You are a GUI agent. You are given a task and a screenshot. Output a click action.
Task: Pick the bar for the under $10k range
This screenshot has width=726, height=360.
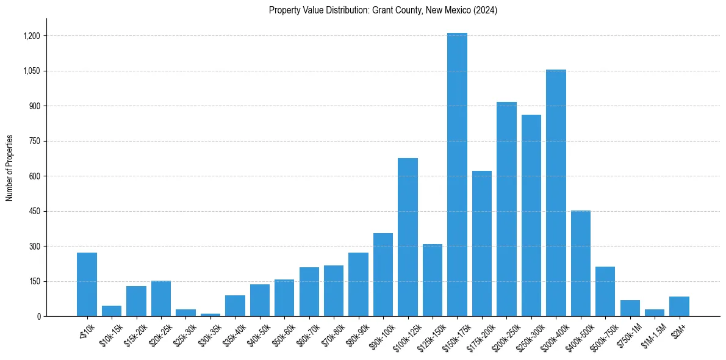[x=87, y=284]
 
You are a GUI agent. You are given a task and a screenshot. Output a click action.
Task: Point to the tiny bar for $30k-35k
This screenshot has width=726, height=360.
[x=210, y=315]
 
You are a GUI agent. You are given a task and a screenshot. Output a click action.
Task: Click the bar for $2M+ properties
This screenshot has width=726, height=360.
[x=679, y=306]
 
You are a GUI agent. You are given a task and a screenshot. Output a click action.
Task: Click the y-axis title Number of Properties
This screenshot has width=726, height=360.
[x=9, y=168]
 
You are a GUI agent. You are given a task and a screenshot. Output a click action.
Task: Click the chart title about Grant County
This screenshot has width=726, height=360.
[x=383, y=10]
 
